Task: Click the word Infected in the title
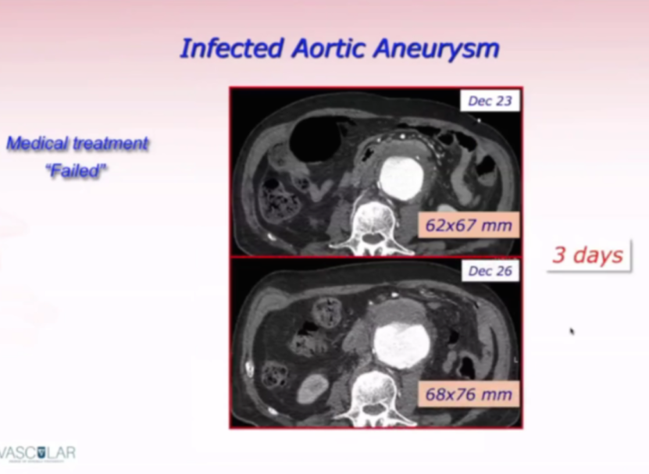tap(232, 48)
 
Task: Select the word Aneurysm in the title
tap(437, 49)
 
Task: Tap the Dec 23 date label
tap(490, 101)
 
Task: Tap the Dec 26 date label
tap(490, 271)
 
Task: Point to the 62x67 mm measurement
tap(469, 225)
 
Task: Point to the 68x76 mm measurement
tap(469, 394)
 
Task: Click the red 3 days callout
tap(588, 255)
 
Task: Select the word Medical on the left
tap(37, 143)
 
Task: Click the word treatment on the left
tap(111, 143)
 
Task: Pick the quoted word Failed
tap(77, 170)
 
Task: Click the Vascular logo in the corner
tap(37, 454)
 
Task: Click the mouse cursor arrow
tap(572, 331)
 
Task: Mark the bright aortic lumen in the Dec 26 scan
tap(401, 346)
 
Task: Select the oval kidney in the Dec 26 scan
tap(313, 389)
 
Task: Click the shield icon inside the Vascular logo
tap(41, 452)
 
